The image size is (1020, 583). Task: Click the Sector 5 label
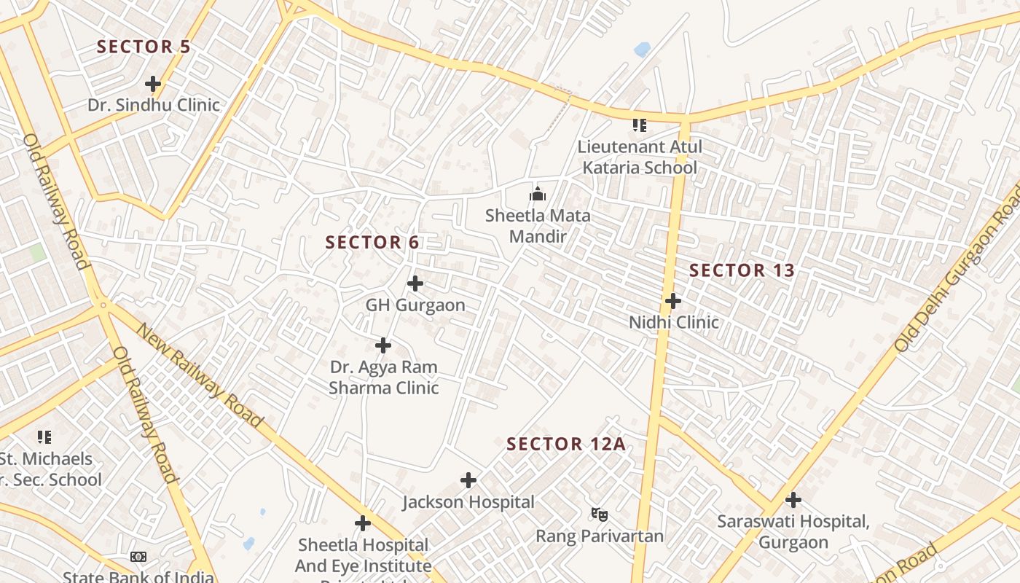144,47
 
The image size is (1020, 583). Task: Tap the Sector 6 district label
372,243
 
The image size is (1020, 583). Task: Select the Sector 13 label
742,270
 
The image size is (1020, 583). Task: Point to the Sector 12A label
566,444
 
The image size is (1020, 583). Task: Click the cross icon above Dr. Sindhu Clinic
152,84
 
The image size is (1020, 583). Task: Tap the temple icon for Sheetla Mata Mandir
538,194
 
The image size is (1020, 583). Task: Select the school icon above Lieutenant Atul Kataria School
639,125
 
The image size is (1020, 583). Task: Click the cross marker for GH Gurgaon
415,283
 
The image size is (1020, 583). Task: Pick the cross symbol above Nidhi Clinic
673,300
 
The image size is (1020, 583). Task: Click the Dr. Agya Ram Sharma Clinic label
384,377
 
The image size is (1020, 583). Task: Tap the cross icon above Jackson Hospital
468,480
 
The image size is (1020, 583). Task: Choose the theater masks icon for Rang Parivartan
600,514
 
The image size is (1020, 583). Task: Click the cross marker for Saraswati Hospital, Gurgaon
793,500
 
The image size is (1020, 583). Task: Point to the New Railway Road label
199,375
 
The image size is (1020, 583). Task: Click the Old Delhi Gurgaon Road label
957,268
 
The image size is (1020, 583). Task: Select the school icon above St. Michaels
44,437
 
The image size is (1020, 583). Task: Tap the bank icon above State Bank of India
138,557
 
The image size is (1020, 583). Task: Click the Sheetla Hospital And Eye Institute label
363,555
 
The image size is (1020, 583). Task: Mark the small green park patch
36,253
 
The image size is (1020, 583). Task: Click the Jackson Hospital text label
468,502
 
